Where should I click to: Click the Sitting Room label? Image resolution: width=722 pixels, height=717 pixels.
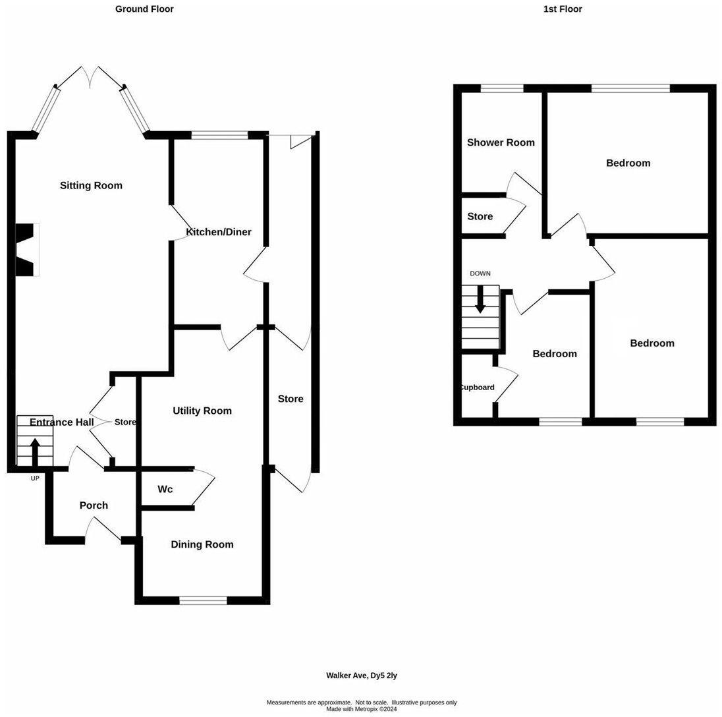pos(91,186)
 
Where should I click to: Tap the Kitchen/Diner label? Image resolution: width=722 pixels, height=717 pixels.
pos(219,232)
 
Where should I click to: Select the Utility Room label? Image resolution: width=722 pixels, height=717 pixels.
pos(202,411)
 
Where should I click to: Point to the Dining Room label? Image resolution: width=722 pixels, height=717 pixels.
pos(202,545)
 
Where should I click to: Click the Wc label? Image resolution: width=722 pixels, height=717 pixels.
pos(165,490)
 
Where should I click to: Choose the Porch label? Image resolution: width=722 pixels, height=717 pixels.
pos(94,505)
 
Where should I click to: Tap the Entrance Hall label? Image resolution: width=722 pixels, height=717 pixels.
pos(62,422)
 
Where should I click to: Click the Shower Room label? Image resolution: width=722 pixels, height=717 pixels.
pos(501,142)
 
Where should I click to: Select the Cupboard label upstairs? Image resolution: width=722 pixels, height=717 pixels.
pos(477,387)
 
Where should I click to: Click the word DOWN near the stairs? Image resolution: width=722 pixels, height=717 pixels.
pos(480,273)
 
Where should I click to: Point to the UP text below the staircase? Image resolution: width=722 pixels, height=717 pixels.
pos(35,478)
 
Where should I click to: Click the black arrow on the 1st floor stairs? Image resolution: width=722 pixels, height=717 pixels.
pos(480,300)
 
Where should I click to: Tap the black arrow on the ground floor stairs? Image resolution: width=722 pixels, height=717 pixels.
pos(35,452)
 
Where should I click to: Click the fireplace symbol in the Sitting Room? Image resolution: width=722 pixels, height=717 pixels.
pos(26,250)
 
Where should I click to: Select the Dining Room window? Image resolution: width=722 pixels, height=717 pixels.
pos(203,600)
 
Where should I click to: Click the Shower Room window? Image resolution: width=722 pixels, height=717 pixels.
pos(502,88)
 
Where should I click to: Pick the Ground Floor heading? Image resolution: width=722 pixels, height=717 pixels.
pos(144,9)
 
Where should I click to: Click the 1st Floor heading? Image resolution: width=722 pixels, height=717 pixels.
pos(563,9)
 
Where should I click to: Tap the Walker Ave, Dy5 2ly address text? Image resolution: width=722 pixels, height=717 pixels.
pos(362,675)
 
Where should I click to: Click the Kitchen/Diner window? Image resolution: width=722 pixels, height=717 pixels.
pos(220,136)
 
